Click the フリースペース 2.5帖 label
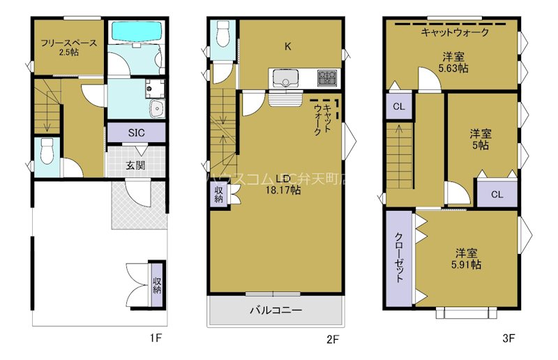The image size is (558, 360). pos(68,47)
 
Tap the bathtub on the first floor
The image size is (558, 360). pos(136,32)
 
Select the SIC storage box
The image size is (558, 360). pos(136,133)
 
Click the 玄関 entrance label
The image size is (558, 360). pos(135,165)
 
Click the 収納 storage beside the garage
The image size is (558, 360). pos(157,285)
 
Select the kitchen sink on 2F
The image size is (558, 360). pos(285,77)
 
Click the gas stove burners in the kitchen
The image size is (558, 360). pos(326,77)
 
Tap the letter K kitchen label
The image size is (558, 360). pos(287,47)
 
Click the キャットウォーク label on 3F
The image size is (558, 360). pos(455,32)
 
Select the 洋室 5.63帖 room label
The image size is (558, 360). pos(453,63)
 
